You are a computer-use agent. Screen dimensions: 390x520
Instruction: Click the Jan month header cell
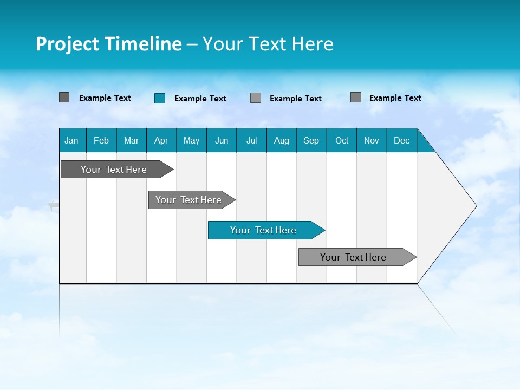(x=72, y=140)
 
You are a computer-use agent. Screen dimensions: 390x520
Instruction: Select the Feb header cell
(x=101, y=140)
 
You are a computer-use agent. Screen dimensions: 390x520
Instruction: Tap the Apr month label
(x=161, y=140)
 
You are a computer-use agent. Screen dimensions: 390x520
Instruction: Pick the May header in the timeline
(x=191, y=140)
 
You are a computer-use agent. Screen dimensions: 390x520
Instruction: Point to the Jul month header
(x=251, y=140)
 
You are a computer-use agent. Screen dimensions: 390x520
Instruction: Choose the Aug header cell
(x=282, y=140)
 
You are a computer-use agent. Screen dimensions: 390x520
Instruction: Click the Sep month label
(x=311, y=140)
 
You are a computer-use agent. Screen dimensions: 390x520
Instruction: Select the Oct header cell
(x=342, y=140)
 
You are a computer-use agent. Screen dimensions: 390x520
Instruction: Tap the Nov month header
(x=372, y=140)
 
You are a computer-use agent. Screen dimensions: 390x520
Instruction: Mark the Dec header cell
(x=402, y=140)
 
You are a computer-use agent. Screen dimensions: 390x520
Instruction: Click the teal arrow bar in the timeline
(x=263, y=230)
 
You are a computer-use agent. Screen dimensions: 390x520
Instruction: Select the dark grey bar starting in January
(x=114, y=170)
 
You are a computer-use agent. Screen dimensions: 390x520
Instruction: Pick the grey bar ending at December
(x=353, y=257)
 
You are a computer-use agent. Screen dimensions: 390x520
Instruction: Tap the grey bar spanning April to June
(x=188, y=200)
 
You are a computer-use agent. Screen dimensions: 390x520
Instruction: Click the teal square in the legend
(x=160, y=98)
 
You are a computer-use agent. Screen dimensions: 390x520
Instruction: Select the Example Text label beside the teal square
(x=200, y=99)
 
